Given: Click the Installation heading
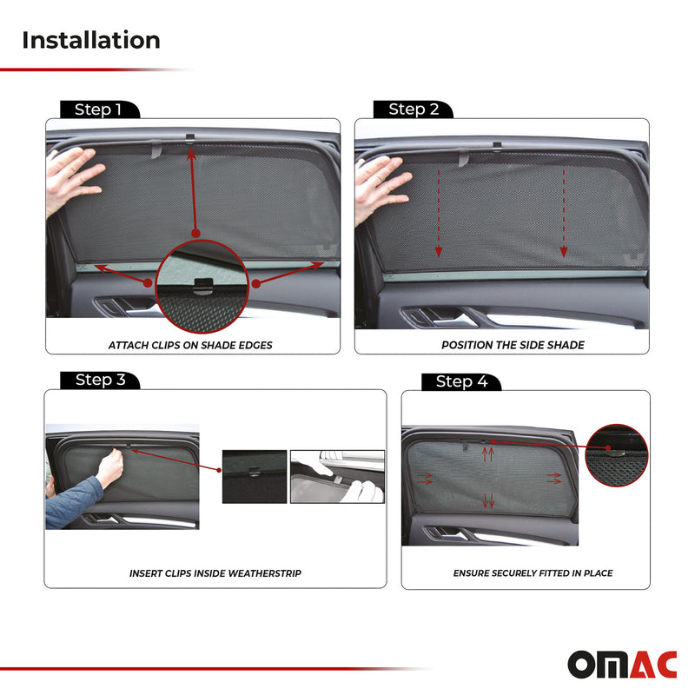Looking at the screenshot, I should point(90,40).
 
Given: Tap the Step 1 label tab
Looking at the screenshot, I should point(97,109).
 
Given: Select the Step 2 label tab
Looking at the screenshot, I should point(413,109).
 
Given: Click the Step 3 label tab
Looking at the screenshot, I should point(100,381).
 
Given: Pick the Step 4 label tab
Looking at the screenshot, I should point(460,382).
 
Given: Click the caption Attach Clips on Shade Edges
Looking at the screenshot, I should point(190,345).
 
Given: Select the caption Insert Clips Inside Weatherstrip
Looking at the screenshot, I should point(215,573).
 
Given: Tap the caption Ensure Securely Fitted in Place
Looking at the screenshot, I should point(533,573).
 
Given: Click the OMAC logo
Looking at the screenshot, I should point(621,665).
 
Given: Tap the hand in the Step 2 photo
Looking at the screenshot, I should point(379,181).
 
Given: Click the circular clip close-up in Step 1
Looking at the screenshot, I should point(202,287).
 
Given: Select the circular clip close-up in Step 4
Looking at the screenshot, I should point(617,454).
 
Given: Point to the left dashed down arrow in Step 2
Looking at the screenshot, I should point(439,213).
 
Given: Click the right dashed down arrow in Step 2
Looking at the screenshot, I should point(564,213).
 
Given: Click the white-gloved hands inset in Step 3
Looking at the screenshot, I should point(337,476).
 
